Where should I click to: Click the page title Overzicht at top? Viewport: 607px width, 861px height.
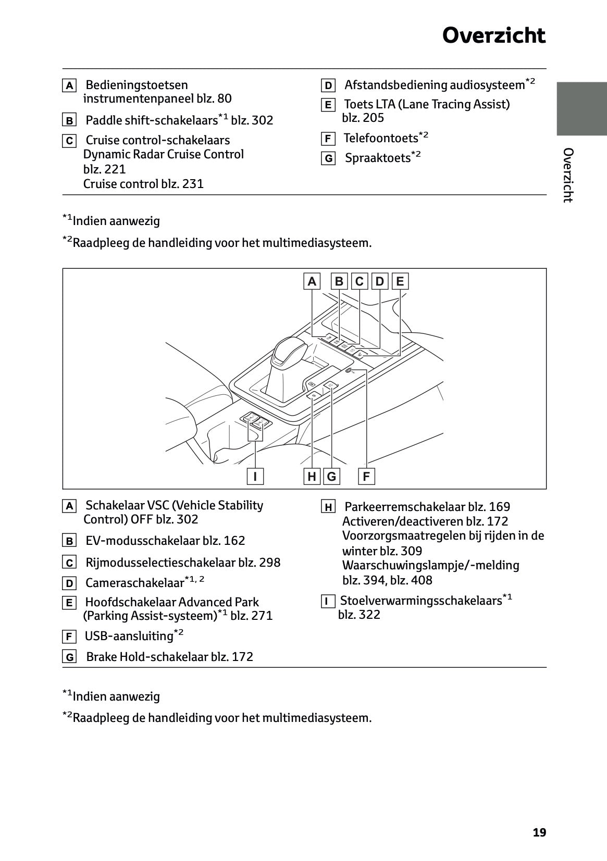(x=493, y=36)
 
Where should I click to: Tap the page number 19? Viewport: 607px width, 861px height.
(x=539, y=832)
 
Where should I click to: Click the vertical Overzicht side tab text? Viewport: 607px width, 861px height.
(x=568, y=175)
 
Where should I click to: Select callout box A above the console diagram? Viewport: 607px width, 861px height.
(x=312, y=281)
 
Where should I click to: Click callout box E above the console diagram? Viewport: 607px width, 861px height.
(x=400, y=281)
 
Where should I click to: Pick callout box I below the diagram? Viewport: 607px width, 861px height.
(x=255, y=476)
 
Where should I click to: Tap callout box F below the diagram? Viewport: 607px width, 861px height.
(x=366, y=476)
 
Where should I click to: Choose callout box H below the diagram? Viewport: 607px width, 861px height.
(x=312, y=476)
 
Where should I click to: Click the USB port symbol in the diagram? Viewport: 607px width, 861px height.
(x=350, y=371)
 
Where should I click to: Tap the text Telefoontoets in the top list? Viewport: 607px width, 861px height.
(x=381, y=138)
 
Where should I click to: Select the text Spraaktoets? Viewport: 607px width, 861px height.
(x=378, y=158)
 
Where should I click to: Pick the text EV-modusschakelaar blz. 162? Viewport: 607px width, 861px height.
(x=165, y=541)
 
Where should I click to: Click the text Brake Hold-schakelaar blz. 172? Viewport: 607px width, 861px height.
(x=169, y=657)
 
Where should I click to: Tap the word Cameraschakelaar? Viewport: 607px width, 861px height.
(x=134, y=583)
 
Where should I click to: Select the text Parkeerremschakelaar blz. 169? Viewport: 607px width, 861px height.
(x=427, y=507)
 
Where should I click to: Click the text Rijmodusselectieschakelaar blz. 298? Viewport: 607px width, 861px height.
(x=182, y=563)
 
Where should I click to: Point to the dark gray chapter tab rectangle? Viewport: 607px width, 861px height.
(x=581, y=108)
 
